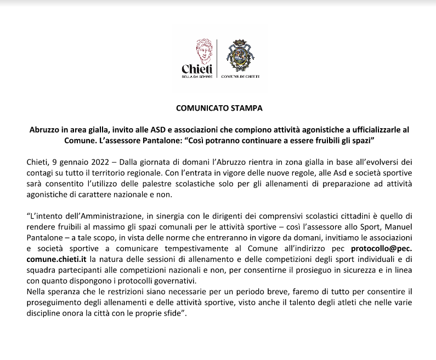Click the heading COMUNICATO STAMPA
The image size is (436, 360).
219,108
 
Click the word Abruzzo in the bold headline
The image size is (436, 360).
46,130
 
